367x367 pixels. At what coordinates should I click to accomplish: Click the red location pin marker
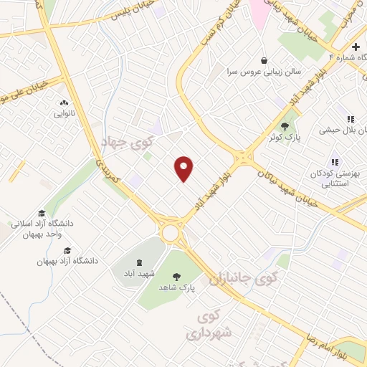[184, 168]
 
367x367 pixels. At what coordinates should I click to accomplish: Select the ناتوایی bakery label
[63, 113]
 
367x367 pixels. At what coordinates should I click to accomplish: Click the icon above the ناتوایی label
[63, 103]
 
